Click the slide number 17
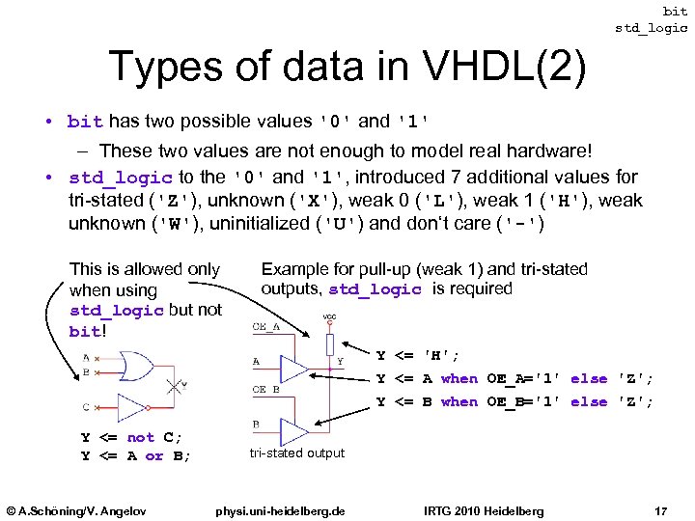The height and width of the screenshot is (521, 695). pyautogui.click(x=661, y=510)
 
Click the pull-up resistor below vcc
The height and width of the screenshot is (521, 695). pyautogui.click(x=330, y=343)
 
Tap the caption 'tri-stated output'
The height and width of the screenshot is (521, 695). pyautogui.click(x=296, y=453)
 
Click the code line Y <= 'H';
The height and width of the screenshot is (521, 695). pyautogui.click(x=417, y=356)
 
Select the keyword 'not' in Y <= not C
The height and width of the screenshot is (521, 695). pyautogui.click(x=141, y=437)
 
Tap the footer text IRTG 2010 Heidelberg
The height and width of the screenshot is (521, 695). pyautogui.click(x=484, y=510)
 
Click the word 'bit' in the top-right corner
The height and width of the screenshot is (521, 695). pyautogui.click(x=676, y=11)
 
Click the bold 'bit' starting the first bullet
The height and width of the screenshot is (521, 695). pyautogui.click(x=85, y=122)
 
